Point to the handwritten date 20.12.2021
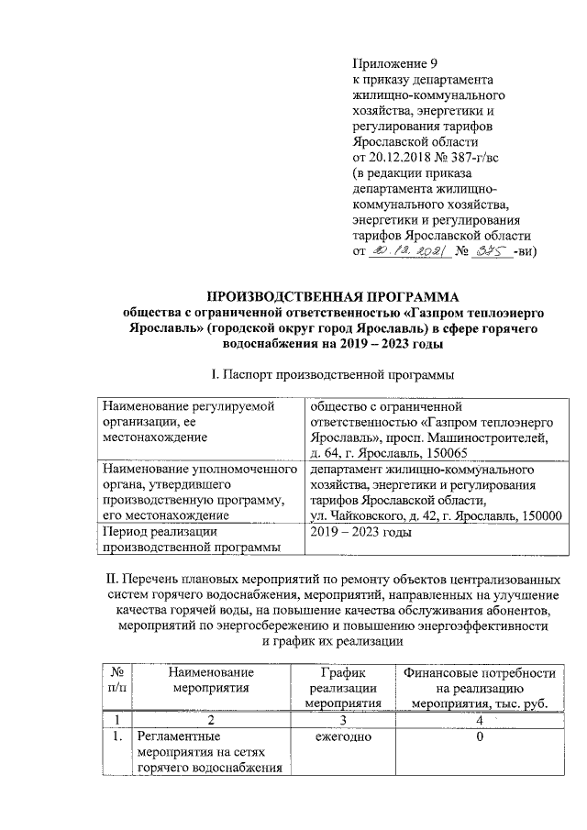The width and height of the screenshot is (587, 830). point(405,249)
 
